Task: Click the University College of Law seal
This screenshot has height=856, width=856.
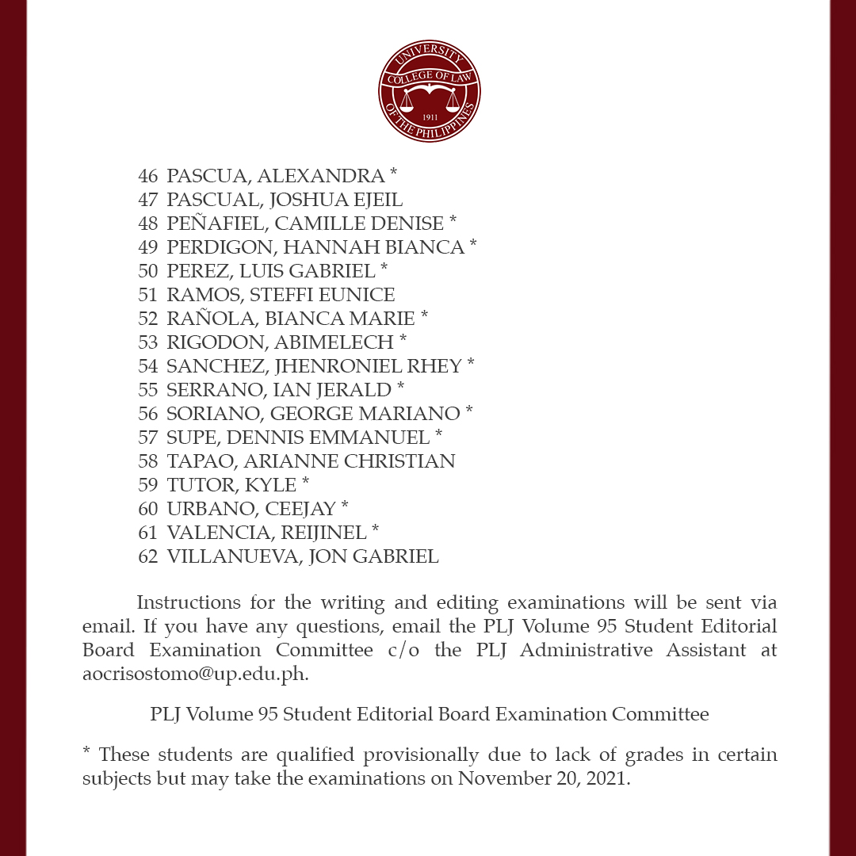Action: [x=429, y=92]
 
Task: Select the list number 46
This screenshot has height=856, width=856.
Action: [x=148, y=176]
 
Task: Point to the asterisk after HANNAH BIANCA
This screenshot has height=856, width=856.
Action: [x=473, y=244]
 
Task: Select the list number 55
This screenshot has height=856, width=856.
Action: [x=148, y=390]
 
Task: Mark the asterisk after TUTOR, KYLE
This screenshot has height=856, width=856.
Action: [x=306, y=482]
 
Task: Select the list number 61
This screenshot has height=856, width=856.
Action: [x=148, y=533]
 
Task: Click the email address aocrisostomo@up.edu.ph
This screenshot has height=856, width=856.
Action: [x=195, y=674]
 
